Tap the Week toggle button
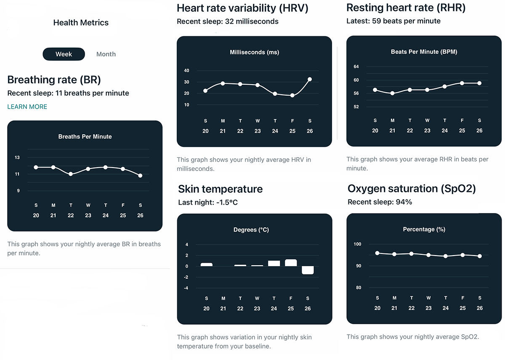[x=64, y=54]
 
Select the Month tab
[x=106, y=54]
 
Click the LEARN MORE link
[x=27, y=107]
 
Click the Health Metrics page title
[x=81, y=23]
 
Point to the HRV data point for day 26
[x=310, y=79]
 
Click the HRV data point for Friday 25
[x=292, y=96]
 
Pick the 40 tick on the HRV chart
[x=187, y=71]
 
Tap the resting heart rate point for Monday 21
[x=392, y=93]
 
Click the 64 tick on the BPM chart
[x=356, y=67]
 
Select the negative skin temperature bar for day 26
[x=308, y=270]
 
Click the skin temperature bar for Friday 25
[x=291, y=263]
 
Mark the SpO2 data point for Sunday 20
[x=377, y=253]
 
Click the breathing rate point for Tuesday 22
[x=71, y=174]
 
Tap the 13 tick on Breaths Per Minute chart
[x=17, y=157]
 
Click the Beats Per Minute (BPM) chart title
[x=424, y=52]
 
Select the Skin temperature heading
[x=220, y=189]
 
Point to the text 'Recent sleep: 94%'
[x=380, y=202]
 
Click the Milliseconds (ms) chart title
[x=254, y=52]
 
